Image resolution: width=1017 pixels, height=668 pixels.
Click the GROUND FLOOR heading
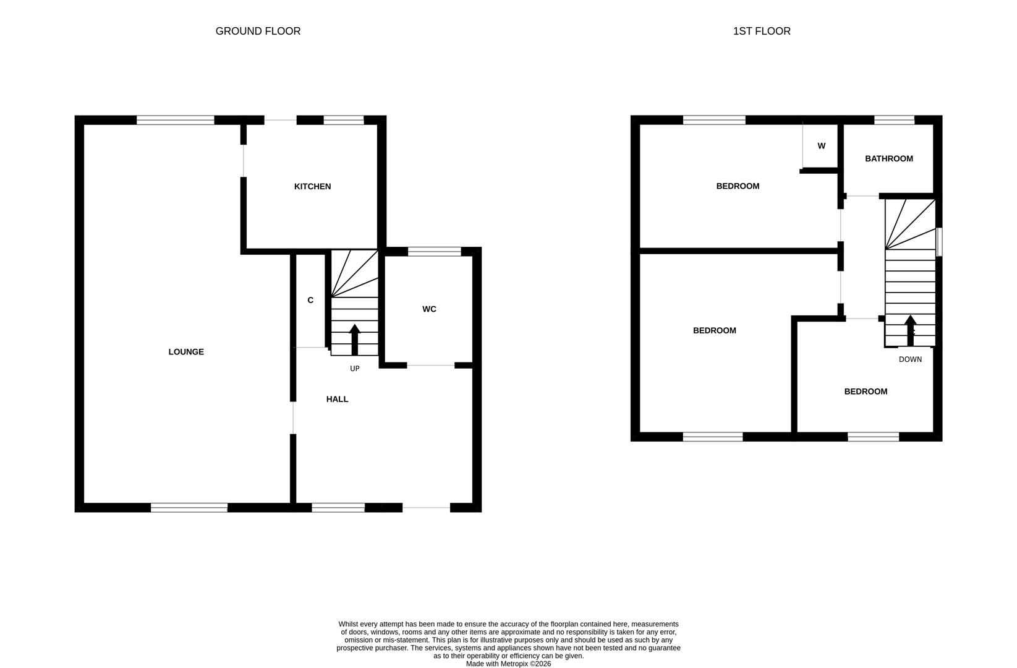tap(258, 31)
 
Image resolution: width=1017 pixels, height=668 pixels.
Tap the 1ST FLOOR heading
tap(761, 31)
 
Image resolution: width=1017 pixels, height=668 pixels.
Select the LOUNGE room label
tap(186, 352)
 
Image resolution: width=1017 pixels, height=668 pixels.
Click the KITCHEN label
tap(312, 186)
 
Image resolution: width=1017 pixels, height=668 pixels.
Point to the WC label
tap(429, 309)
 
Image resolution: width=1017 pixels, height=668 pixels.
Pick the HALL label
tap(337, 399)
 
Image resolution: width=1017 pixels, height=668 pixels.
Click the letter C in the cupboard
tap(310, 300)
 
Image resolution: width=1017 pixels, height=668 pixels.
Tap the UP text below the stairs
tap(354, 369)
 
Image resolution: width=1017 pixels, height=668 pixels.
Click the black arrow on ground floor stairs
tap(354, 338)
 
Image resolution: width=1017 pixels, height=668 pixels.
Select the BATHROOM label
tap(888, 158)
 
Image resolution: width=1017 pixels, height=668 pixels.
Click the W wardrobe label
tap(821, 146)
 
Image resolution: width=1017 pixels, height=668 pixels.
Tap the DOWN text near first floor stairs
tap(909, 359)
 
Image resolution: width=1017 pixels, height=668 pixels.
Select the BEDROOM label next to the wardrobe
tap(738, 186)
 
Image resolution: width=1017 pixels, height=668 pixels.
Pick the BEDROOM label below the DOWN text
tap(865, 392)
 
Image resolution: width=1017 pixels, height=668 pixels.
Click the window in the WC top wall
tap(434, 251)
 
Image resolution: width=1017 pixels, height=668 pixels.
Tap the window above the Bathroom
tap(893, 120)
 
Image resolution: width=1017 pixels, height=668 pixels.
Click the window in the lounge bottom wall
tap(189, 508)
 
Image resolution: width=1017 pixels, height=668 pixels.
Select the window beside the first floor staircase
tap(938, 242)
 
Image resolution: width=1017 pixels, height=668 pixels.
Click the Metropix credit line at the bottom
tap(508, 664)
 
